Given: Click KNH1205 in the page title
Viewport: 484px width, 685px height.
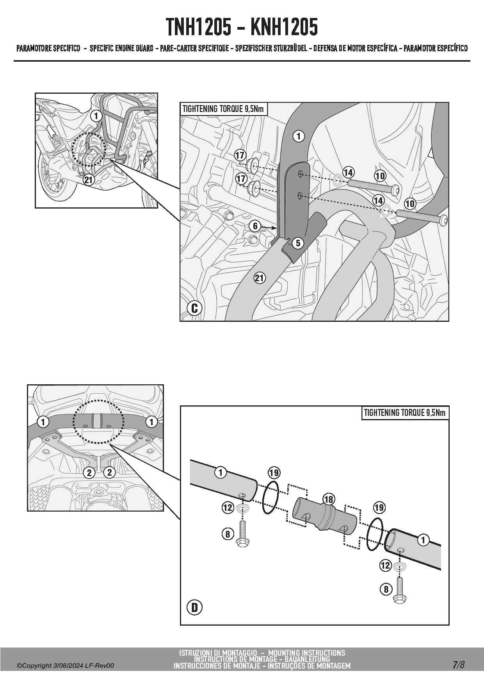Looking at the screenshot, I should [284, 27].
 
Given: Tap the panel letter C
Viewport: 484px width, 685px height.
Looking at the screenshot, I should [194, 308].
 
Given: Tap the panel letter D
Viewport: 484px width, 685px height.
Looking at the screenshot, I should [194, 607].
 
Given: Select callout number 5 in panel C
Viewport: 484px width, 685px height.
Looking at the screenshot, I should [298, 243].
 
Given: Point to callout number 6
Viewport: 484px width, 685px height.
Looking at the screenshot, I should [255, 226].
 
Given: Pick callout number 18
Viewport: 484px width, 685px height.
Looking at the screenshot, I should [329, 499].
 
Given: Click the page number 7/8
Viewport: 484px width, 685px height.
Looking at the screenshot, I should [459, 665].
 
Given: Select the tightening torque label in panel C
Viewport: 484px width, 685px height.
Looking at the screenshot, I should [223, 109].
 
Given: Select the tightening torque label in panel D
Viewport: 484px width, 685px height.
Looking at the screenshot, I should [404, 413].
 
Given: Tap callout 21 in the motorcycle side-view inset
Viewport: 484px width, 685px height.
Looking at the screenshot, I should [89, 180].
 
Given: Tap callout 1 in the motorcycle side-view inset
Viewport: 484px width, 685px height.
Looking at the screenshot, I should [96, 116].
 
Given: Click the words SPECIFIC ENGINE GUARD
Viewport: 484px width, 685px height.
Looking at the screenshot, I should [121, 49].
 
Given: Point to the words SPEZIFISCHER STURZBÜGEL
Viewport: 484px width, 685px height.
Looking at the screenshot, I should [271, 49].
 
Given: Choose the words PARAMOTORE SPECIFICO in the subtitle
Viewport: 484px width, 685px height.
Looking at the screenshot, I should [48, 49].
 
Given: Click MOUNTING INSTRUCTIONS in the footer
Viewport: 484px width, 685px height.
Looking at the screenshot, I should [306, 653].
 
